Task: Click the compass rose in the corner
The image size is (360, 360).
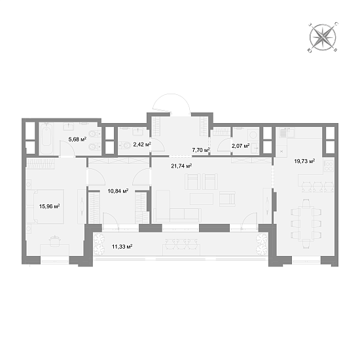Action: click(x=323, y=37)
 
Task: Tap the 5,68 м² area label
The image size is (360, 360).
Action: click(x=77, y=139)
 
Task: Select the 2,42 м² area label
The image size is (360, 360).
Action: click(x=142, y=145)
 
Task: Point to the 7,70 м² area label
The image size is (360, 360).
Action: click(x=201, y=150)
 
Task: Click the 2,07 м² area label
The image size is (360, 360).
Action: click(x=241, y=145)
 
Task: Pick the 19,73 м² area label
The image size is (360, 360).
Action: click(x=304, y=161)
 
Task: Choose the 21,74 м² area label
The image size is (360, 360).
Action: click(x=181, y=166)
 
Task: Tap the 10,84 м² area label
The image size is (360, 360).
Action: click(x=118, y=190)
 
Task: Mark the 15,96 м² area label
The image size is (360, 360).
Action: click(x=49, y=206)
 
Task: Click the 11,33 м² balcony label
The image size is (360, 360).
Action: click(x=122, y=247)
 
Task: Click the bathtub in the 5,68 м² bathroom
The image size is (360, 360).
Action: click(x=46, y=139)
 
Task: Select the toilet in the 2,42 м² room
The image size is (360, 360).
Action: click(x=126, y=145)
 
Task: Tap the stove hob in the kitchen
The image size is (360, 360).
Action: click(x=329, y=166)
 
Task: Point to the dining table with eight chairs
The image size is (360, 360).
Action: click(x=306, y=224)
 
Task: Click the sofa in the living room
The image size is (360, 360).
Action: click(x=177, y=215)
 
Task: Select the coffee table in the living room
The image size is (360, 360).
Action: click(x=202, y=199)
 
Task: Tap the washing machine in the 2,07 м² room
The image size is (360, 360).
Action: click(x=253, y=135)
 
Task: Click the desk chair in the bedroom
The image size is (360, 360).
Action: click(x=55, y=241)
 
